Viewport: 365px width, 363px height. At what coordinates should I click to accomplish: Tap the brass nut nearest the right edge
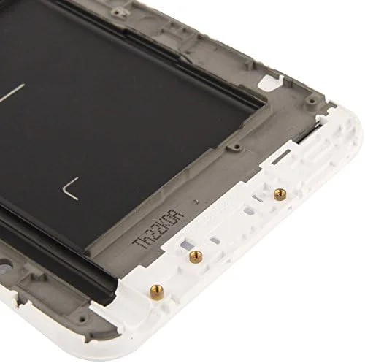(x=277, y=192)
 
